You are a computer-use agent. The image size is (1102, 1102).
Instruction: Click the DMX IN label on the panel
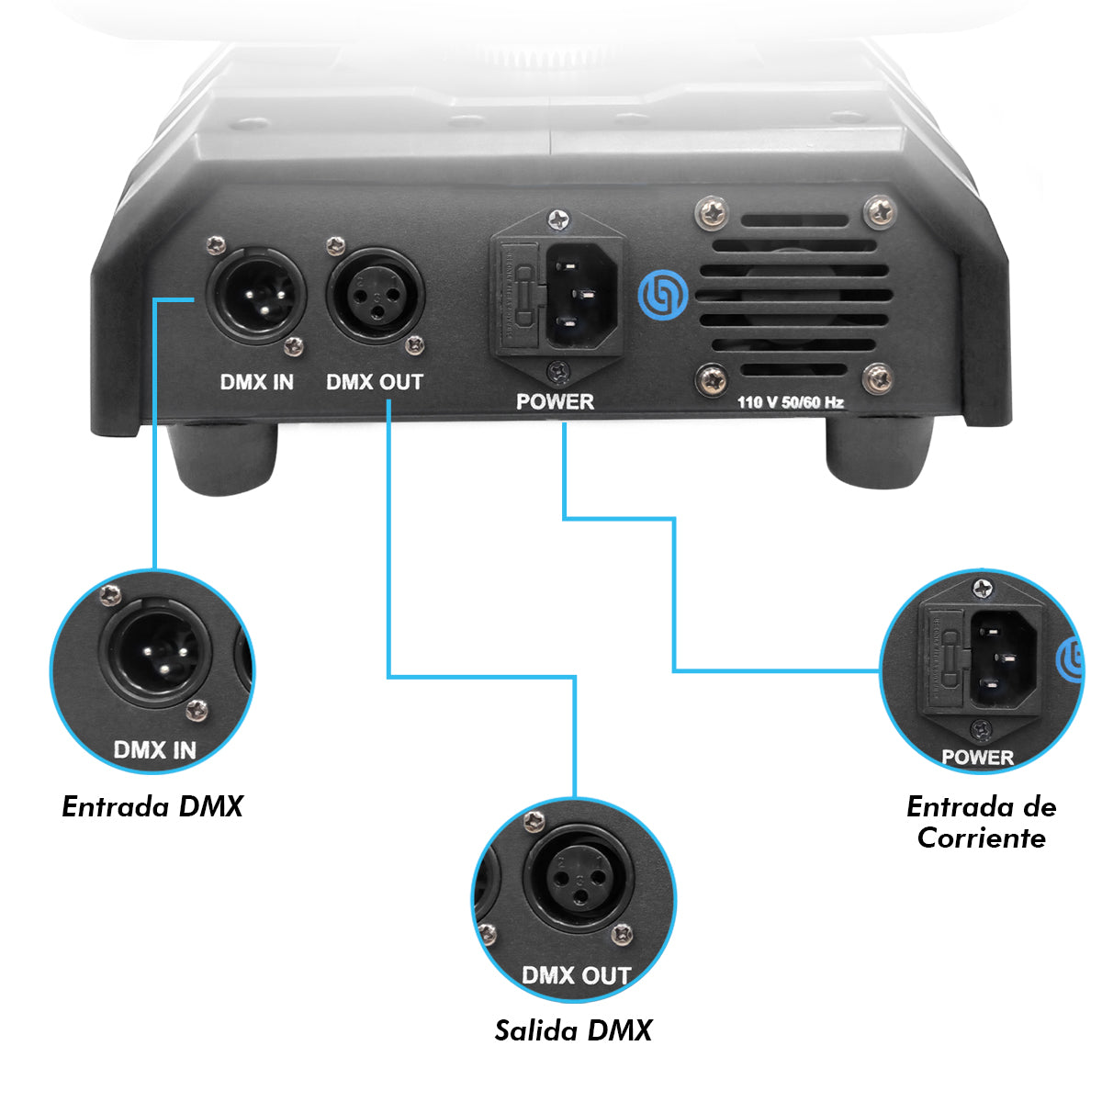257,382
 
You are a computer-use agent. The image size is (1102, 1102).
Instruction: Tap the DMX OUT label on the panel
375,382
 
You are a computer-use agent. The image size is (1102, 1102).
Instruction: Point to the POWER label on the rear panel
555,401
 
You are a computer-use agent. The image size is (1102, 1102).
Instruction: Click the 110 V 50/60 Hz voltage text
791,402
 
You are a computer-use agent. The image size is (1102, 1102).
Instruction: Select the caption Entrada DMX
152,807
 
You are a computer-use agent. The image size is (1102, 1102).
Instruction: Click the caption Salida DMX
573,1030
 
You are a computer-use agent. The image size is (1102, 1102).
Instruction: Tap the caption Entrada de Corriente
982,822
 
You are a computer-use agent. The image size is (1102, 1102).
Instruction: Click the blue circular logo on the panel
663,295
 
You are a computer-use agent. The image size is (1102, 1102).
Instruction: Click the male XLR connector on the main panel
256,295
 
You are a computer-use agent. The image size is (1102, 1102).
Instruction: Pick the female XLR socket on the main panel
376,295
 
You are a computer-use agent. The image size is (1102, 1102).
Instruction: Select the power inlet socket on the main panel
582,297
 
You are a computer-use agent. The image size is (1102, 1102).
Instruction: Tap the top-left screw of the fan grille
712,213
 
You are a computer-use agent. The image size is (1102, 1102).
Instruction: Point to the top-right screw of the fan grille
880,211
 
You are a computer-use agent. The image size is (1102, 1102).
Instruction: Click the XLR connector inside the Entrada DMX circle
155,654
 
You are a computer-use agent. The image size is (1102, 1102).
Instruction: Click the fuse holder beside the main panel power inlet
519,298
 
